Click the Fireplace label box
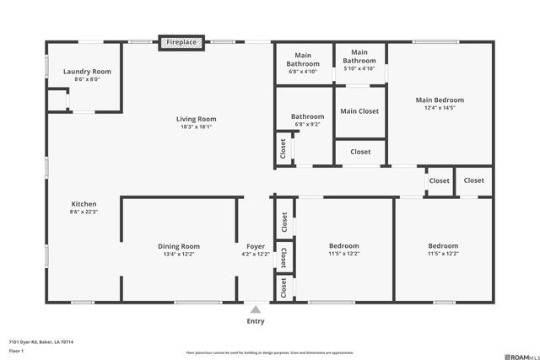point(181,42)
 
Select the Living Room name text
point(197,119)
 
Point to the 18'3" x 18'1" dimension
point(197,127)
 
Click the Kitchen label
point(84,204)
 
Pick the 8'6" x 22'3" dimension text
point(84,212)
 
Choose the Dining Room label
point(179,246)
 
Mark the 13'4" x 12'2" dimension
point(179,254)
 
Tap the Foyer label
point(255,246)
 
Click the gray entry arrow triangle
point(256,309)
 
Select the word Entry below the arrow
point(256,321)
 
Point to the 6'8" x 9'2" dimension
point(308,125)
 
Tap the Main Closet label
point(359,111)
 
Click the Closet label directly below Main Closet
point(360,152)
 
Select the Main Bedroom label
point(440,99)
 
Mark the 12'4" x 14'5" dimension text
point(440,108)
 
